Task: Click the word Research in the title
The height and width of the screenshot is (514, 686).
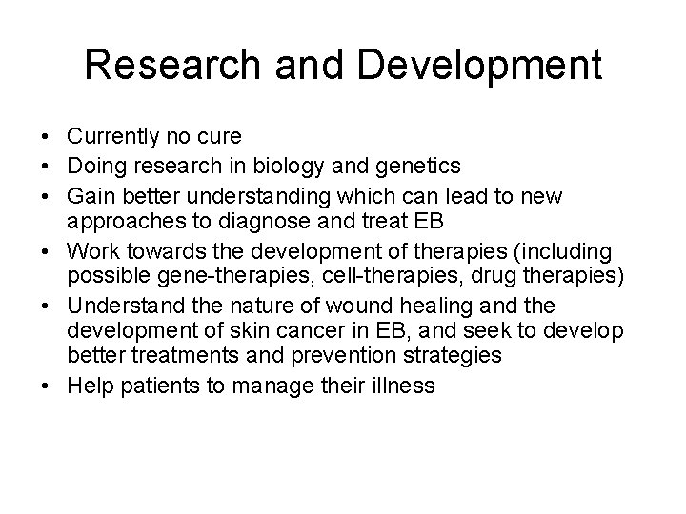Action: point(169,66)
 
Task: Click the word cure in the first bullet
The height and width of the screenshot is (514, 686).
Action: point(219,137)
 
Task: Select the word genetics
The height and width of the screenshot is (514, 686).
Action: point(422,166)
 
